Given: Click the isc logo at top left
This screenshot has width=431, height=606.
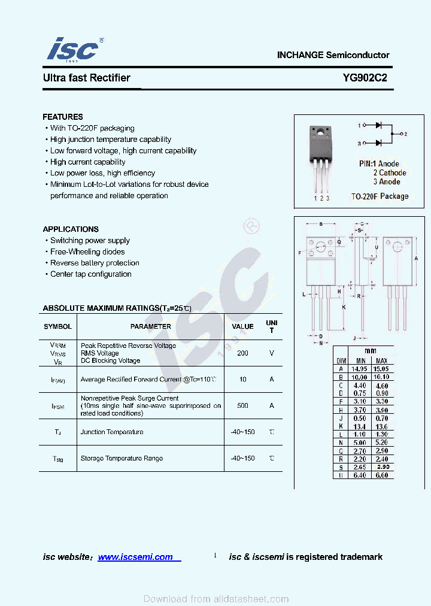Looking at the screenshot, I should pyautogui.click(x=73, y=49).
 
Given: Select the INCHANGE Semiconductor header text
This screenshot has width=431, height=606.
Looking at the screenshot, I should pyautogui.click(x=333, y=55).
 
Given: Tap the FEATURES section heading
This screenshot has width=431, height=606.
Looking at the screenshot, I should pyautogui.click(x=63, y=117).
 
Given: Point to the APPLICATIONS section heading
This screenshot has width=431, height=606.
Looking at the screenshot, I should pyautogui.click(x=71, y=229).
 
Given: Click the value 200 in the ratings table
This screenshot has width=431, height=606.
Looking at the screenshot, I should pyautogui.click(x=242, y=353).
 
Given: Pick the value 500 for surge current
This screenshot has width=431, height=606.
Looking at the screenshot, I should pyautogui.click(x=242, y=405).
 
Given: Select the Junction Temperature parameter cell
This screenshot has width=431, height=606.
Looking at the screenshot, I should pyautogui.click(x=112, y=432).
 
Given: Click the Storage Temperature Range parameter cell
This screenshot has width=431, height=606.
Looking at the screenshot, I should pyautogui.click(x=122, y=458).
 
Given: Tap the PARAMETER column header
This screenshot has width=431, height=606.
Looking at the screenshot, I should pyautogui.click(x=150, y=326).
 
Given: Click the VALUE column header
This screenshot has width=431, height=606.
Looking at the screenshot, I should pyautogui.click(x=242, y=326).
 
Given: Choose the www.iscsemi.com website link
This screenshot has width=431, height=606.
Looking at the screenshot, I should pyautogui.click(x=135, y=557).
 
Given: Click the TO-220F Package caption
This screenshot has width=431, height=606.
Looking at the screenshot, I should pyautogui.click(x=380, y=196).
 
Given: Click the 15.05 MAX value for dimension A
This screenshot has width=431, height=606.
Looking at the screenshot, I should pyautogui.click(x=381, y=369).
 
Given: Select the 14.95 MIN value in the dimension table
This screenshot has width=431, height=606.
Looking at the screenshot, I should pyautogui.click(x=360, y=369).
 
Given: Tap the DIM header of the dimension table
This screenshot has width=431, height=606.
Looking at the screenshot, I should pyautogui.click(x=341, y=361).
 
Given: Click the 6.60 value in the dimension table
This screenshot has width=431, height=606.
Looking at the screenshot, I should pyautogui.click(x=381, y=475).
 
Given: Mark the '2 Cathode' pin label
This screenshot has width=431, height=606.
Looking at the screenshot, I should pyautogui.click(x=390, y=172).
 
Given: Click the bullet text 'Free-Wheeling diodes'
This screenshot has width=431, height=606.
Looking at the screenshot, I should pyautogui.click(x=87, y=252).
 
